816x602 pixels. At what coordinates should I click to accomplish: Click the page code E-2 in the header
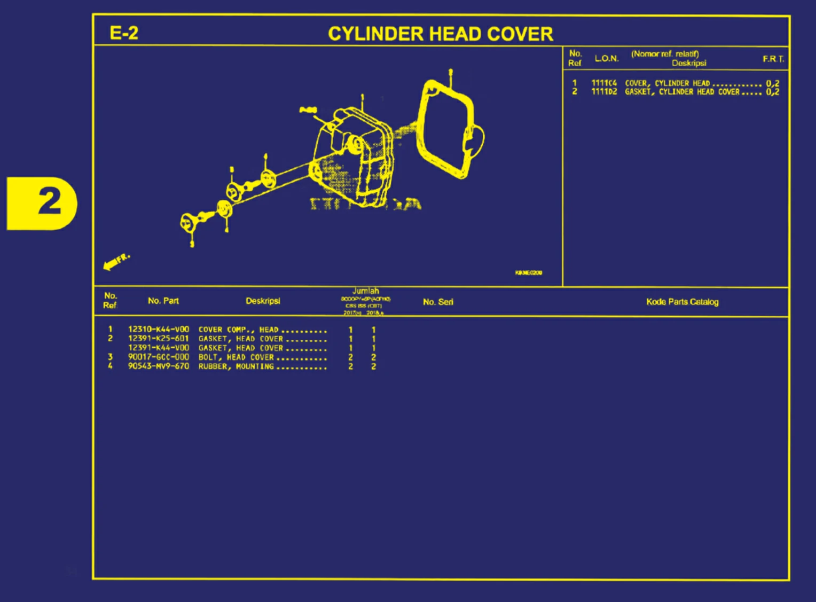click(124, 33)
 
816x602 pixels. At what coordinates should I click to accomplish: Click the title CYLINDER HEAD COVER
click(440, 34)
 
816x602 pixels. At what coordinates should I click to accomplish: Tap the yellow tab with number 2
click(43, 203)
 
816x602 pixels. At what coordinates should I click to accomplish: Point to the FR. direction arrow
click(115, 262)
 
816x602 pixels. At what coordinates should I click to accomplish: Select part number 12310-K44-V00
click(158, 330)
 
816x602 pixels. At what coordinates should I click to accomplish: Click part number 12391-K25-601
click(158, 339)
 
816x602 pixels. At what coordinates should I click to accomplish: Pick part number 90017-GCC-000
click(158, 357)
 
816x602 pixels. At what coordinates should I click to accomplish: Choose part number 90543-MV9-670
click(158, 366)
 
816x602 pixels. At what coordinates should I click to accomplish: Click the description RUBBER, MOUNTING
click(236, 366)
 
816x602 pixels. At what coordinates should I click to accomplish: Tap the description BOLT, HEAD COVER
click(236, 357)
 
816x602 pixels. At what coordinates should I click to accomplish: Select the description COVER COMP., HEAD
click(238, 330)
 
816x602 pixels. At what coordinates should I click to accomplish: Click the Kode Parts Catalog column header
click(682, 302)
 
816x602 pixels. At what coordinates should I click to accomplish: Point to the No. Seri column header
click(438, 302)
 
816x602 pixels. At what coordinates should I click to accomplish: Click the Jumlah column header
click(366, 291)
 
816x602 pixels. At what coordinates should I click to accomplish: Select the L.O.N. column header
click(607, 58)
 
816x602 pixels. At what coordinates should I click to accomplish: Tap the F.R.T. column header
click(773, 59)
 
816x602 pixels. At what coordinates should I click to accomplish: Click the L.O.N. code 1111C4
click(604, 83)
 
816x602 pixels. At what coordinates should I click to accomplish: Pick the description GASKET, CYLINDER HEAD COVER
click(682, 92)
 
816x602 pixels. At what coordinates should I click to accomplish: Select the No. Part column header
click(163, 301)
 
